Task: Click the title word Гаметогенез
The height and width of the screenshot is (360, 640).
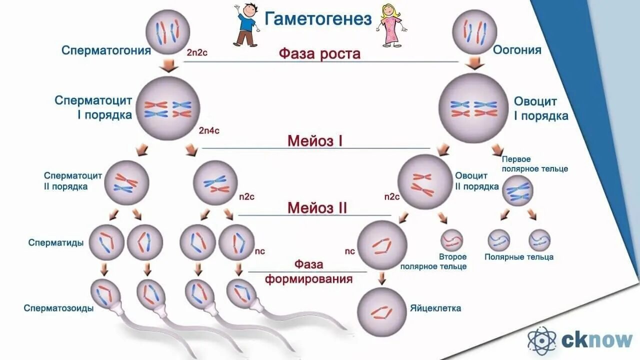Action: coord(318,19)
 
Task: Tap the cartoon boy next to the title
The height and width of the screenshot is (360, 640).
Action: coord(246,25)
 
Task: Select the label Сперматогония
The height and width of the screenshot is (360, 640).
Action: coord(106,50)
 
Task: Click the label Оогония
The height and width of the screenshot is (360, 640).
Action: coord(517,50)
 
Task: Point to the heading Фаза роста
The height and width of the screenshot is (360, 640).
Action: coord(319,53)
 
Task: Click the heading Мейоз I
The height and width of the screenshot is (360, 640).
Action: coord(314,141)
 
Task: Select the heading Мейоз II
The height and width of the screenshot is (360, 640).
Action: coord(317,208)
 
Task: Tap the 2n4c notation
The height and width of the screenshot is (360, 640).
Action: coord(209,130)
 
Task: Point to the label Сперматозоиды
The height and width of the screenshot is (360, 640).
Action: coord(58,308)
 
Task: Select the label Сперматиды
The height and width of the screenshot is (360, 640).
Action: coord(55,243)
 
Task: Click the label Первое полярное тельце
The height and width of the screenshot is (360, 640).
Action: coord(534,164)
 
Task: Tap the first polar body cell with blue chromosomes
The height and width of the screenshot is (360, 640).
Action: coord(517,191)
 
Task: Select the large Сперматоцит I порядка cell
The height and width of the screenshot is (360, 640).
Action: coord(168,108)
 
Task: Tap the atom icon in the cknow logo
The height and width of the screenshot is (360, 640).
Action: coord(542,340)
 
